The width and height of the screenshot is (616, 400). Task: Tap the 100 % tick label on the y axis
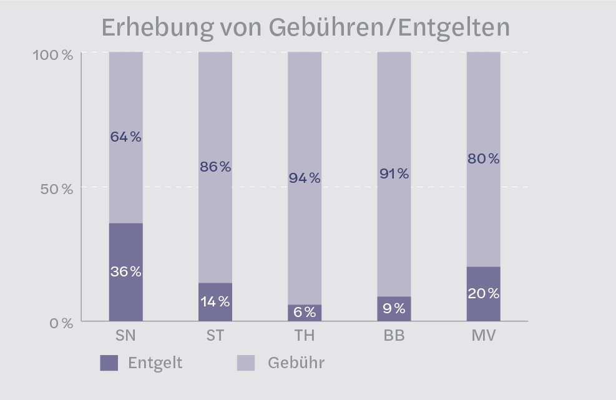(53, 54)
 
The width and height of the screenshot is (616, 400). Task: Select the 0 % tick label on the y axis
(62, 323)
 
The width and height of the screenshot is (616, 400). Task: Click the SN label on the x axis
(126, 336)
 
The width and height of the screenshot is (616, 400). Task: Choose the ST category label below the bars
(215, 336)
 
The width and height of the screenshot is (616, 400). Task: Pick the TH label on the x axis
(305, 336)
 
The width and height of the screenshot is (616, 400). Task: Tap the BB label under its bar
(394, 336)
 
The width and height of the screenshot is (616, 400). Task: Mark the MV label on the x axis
(484, 336)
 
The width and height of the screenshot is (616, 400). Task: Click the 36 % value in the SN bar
(126, 272)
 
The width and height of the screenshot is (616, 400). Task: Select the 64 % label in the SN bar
(126, 137)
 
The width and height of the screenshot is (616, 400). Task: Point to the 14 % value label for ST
(215, 302)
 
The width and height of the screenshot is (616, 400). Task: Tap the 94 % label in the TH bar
(305, 178)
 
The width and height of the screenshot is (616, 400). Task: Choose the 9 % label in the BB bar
(394, 308)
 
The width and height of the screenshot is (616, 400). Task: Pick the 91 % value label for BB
(394, 174)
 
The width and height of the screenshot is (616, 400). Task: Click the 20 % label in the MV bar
(484, 293)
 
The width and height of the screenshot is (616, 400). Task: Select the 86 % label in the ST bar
(215, 167)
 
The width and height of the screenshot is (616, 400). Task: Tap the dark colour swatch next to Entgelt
(109, 363)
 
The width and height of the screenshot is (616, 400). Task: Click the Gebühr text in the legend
(296, 363)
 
